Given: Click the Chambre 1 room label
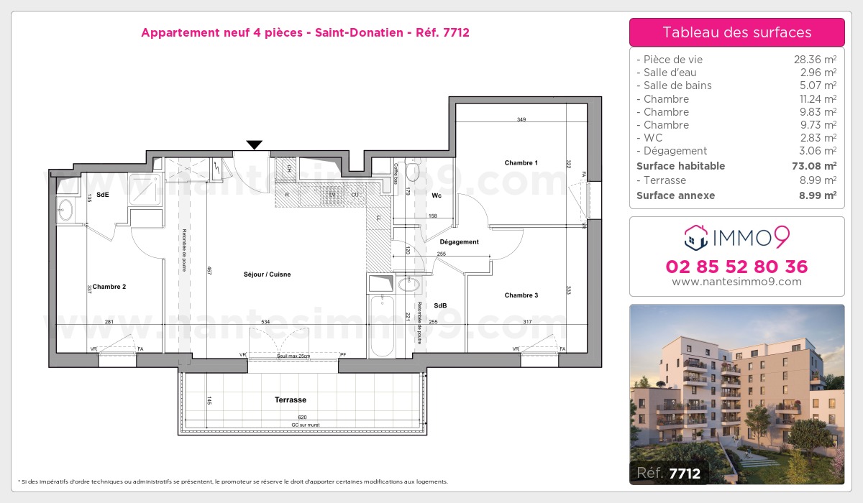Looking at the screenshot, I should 521,163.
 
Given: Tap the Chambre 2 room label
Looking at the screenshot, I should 109,287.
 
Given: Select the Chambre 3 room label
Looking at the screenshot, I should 521,295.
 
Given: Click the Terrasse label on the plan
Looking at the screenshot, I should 290,400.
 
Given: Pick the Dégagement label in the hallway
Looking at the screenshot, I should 459,242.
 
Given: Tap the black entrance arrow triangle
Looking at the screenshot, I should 254,145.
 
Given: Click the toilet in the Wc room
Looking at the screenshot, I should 412,172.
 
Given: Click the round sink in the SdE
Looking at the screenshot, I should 65,210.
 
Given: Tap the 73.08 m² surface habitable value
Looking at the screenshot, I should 814,166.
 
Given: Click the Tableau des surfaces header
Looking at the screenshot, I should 736,32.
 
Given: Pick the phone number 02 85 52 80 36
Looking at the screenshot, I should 736,267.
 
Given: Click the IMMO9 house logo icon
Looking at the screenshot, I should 695,235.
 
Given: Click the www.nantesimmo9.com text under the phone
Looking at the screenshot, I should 736,282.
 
